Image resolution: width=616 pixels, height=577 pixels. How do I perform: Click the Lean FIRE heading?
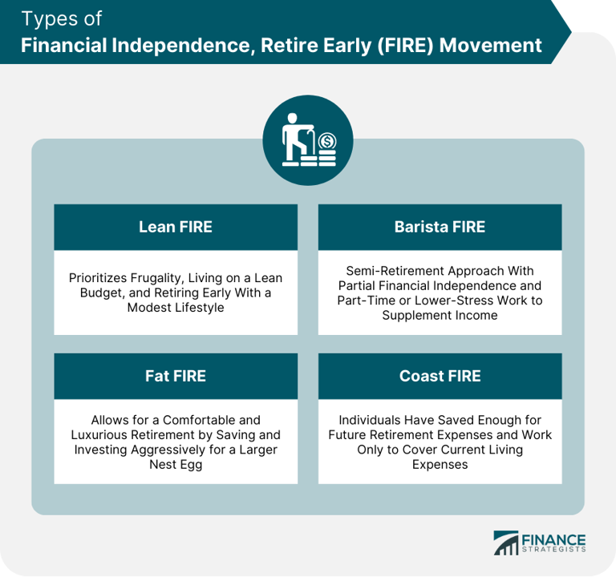click(x=176, y=227)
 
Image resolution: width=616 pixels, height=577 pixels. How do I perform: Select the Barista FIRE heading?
click(x=440, y=227)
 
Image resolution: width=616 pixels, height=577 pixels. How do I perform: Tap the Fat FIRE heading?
click(x=176, y=376)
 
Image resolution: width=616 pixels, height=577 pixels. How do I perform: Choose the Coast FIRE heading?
click(x=440, y=376)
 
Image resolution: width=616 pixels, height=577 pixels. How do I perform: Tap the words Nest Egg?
click(x=176, y=465)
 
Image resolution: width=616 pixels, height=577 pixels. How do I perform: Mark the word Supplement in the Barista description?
click(x=415, y=316)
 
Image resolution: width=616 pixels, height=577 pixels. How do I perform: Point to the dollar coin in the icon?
click(x=327, y=141)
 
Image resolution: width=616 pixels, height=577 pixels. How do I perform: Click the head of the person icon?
click(x=292, y=118)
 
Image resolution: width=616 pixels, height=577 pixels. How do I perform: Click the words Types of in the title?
click(x=61, y=19)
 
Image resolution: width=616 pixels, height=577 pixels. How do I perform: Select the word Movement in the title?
click(x=490, y=45)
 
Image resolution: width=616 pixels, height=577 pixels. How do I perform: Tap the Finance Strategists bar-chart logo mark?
click(x=506, y=543)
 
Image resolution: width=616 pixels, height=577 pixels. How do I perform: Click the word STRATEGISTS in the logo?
click(x=554, y=549)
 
